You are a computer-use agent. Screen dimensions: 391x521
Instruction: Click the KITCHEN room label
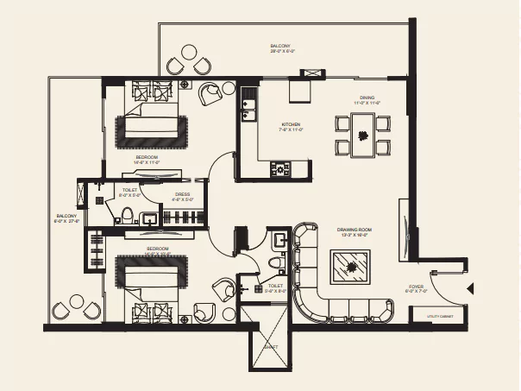(291, 125)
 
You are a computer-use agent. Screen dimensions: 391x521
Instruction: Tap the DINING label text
(367, 98)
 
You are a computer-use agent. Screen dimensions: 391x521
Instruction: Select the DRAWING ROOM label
(353, 230)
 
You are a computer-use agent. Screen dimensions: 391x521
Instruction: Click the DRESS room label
(183, 194)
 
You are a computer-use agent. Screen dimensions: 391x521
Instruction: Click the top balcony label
(280, 47)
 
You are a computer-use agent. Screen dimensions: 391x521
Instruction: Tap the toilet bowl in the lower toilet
(275, 262)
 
